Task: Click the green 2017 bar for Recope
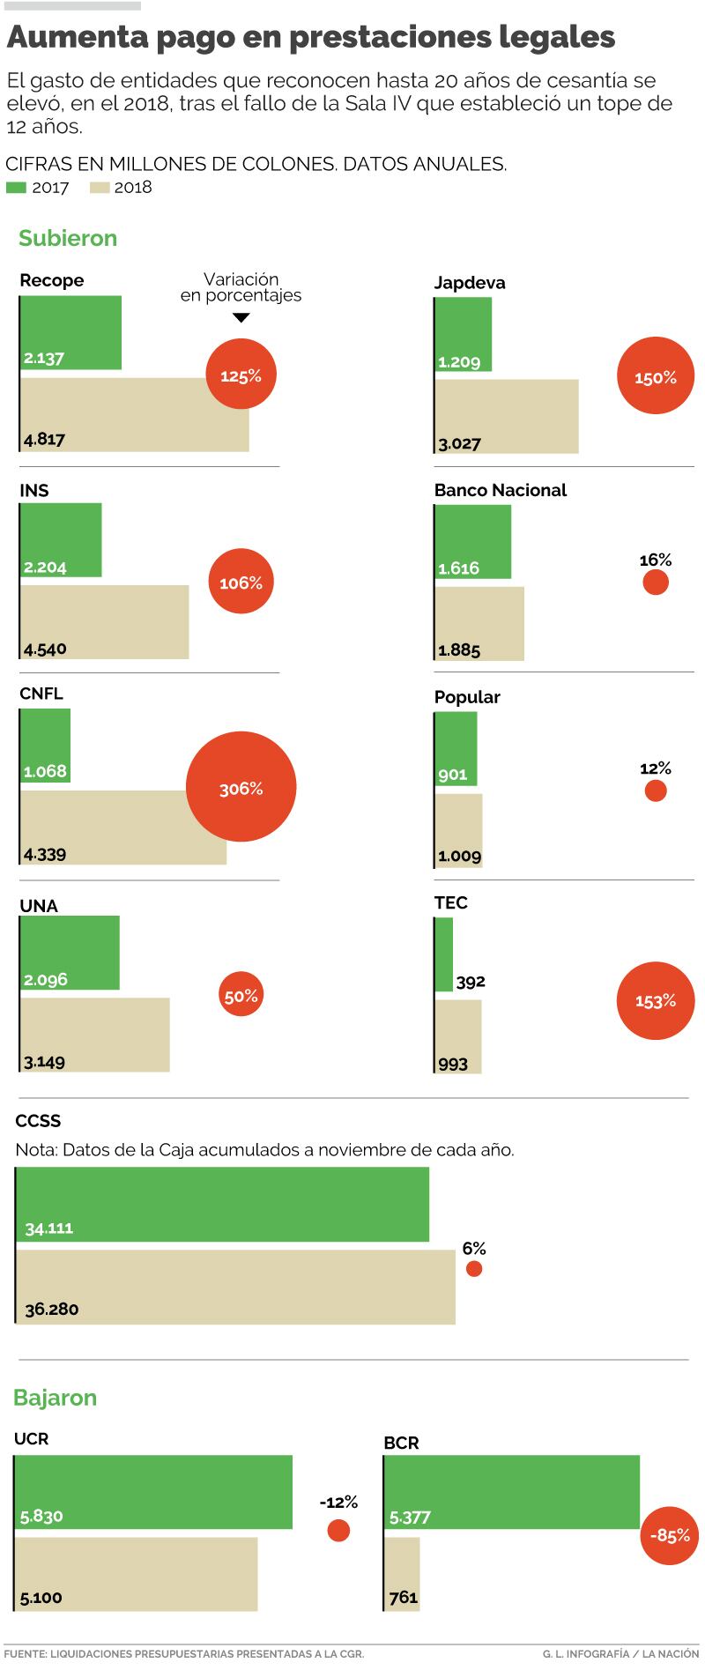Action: [x=70, y=332]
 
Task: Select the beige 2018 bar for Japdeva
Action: [x=507, y=416]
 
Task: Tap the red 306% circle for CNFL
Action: [x=241, y=788]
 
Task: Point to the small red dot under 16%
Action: [x=656, y=583]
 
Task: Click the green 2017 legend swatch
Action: [x=16, y=188]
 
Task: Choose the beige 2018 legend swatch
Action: [x=99, y=188]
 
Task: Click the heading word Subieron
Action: [x=68, y=238]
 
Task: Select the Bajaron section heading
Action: [x=55, y=1398]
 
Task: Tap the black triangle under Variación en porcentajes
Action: [x=241, y=317]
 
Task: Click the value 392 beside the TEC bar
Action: [x=471, y=982]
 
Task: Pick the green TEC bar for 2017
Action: [x=444, y=954]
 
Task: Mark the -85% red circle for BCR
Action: [x=670, y=1535]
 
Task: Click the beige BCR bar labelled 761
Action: [x=403, y=1574]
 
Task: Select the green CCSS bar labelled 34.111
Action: [x=222, y=1204]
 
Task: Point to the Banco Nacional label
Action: [x=500, y=490]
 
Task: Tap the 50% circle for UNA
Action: [x=241, y=996]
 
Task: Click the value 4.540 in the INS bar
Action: [x=46, y=649]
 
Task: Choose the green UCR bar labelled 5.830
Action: [x=153, y=1492]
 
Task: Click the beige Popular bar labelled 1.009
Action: [x=459, y=830]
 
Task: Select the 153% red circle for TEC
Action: [x=656, y=1000]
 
